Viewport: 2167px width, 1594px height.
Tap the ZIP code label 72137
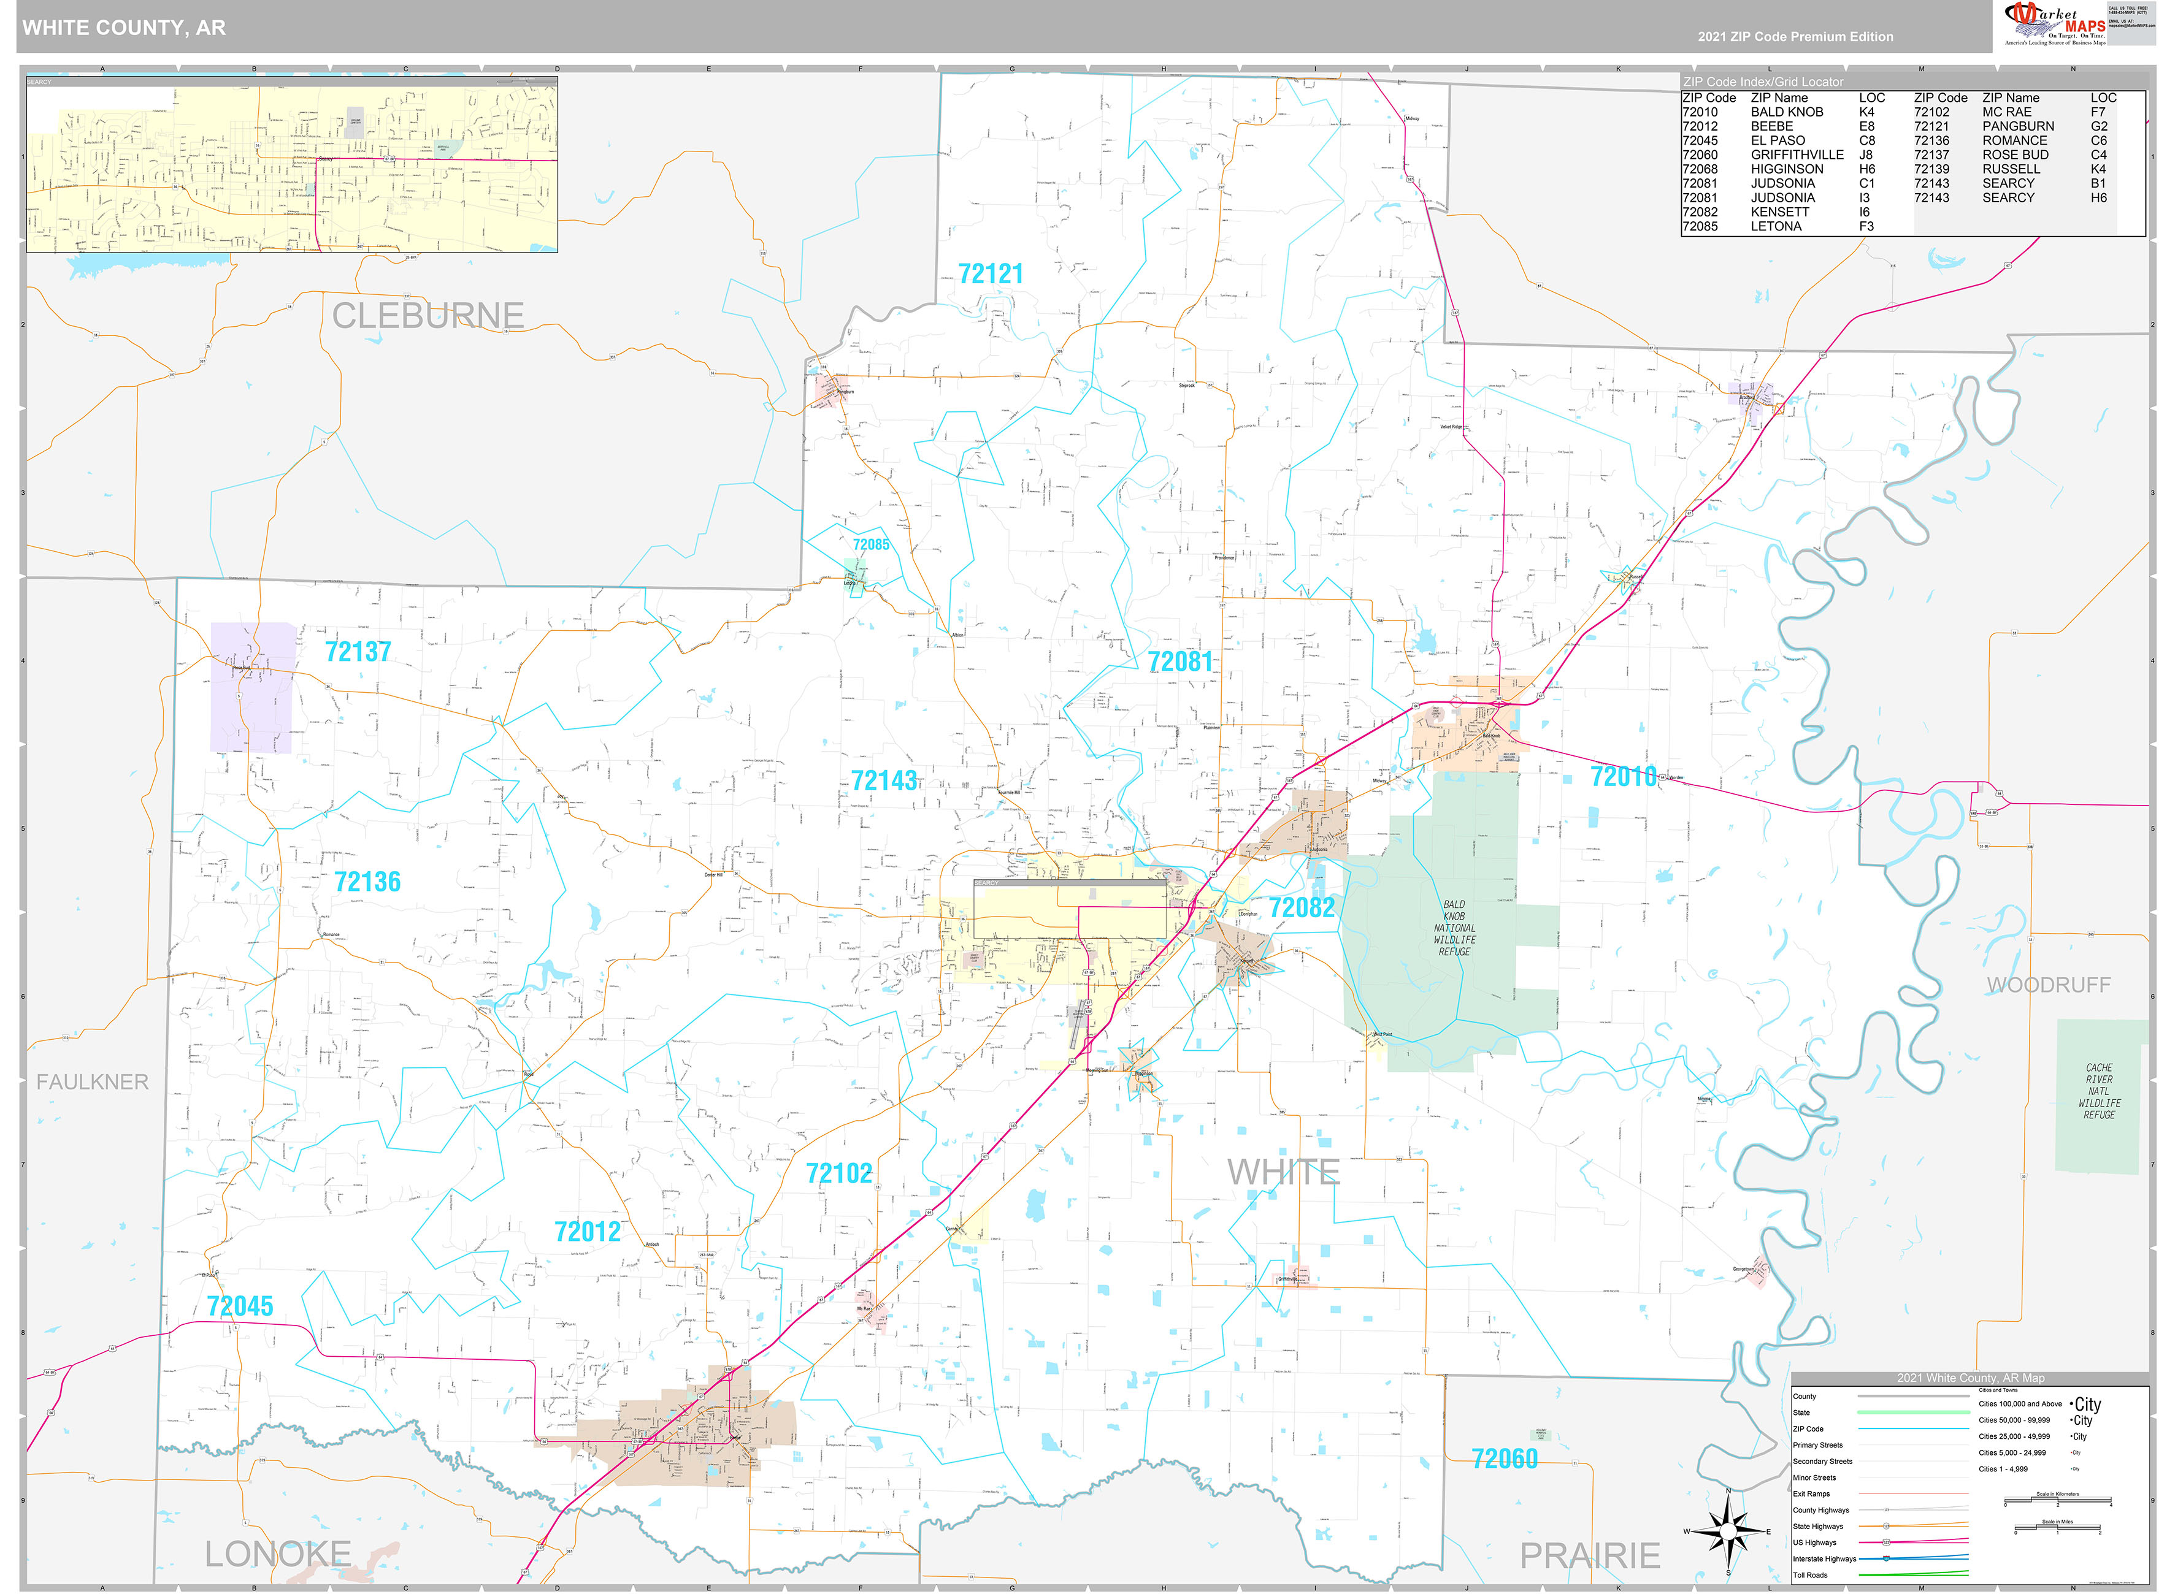pos(358,652)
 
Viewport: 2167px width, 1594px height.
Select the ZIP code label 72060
pos(1504,1459)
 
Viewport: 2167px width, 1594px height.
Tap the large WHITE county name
pos(1283,1172)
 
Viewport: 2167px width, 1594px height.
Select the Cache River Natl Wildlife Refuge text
pos(2098,1091)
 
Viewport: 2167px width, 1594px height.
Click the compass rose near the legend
pos(1728,1531)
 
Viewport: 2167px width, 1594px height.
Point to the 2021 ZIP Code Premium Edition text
pos(1795,37)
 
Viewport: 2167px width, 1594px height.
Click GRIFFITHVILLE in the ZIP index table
pos(1797,154)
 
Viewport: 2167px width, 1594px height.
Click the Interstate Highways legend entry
pos(1824,1558)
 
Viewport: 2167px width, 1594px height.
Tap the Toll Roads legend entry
pos(1810,1575)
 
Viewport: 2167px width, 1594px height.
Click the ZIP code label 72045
pos(240,1306)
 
